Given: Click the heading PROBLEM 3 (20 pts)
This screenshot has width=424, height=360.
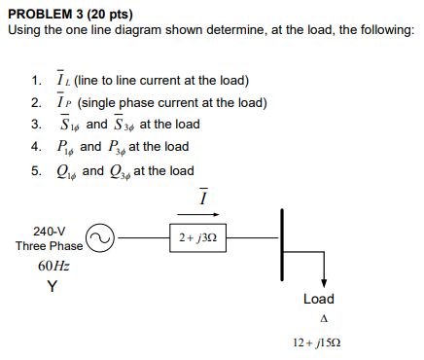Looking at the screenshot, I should [x=70, y=14].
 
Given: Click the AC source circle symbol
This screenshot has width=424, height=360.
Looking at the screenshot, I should [x=102, y=236].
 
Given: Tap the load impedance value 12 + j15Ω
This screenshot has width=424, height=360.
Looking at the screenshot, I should [x=322, y=342].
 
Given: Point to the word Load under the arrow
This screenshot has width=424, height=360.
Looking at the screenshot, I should [x=319, y=299].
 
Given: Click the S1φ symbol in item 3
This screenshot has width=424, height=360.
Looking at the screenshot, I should [x=69, y=126].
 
